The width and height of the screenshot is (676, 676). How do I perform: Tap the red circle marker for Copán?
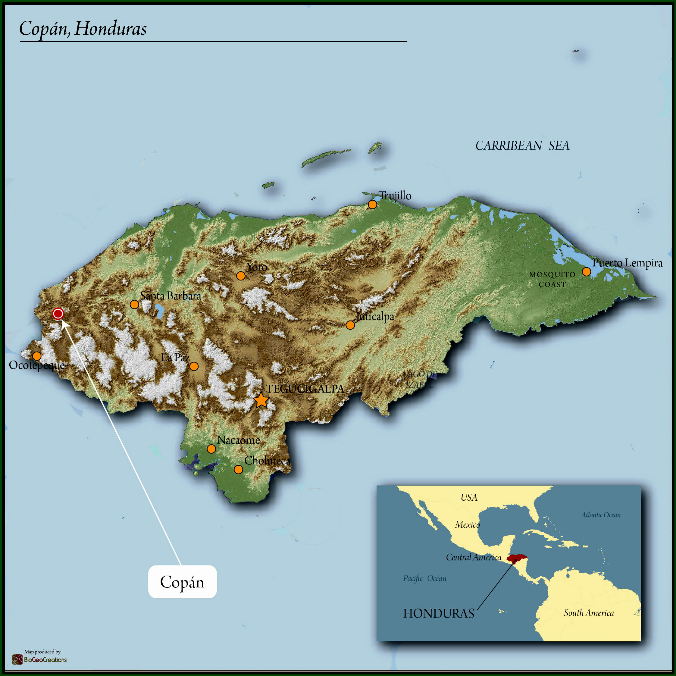[x=58, y=314]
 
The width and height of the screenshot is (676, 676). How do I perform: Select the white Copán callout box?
[x=182, y=582]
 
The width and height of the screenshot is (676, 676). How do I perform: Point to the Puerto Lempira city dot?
[x=586, y=271]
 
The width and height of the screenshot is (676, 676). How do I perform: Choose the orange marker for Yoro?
[x=241, y=276]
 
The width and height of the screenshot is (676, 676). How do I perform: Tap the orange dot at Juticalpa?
[x=350, y=325]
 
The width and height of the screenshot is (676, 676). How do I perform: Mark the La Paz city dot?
[x=194, y=366]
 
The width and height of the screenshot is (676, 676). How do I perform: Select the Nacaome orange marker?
[x=211, y=449]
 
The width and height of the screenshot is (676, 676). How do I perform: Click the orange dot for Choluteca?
[x=238, y=469]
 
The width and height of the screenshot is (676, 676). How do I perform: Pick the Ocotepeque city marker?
[x=37, y=356]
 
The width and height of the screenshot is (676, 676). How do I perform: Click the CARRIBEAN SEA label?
[x=522, y=146]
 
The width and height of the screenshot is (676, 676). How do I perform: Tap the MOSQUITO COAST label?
[x=552, y=279]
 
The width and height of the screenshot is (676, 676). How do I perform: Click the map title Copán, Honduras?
[x=83, y=29]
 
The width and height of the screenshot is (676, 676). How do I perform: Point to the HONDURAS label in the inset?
[x=438, y=613]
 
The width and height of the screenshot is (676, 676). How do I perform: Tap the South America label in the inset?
[x=589, y=613]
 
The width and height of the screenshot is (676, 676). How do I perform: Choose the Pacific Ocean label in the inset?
[x=424, y=578]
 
